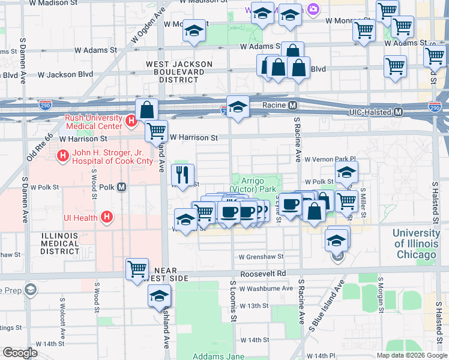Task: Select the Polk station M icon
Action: (122, 187)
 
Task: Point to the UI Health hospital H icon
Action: (107, 217)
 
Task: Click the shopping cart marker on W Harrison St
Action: (156, 130)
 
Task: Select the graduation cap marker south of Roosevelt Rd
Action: (159, 296)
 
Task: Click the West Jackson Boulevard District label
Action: (179, 71)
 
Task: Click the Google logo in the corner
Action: (20, 353)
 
